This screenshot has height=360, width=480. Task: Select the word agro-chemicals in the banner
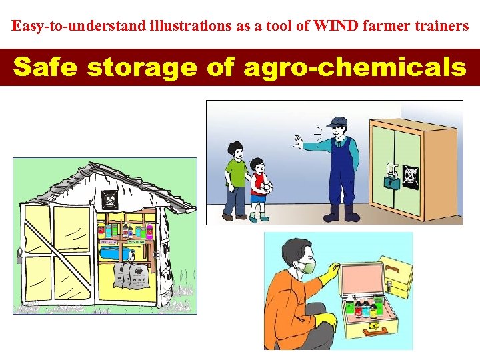(x=355, y=67)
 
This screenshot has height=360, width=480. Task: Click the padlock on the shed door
(x=21, y=254)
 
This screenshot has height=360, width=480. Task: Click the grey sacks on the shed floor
(x=131, y=273)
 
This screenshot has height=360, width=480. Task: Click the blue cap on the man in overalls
(x=338, y=122)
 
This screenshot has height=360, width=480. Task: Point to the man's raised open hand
(x=298, y=142)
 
